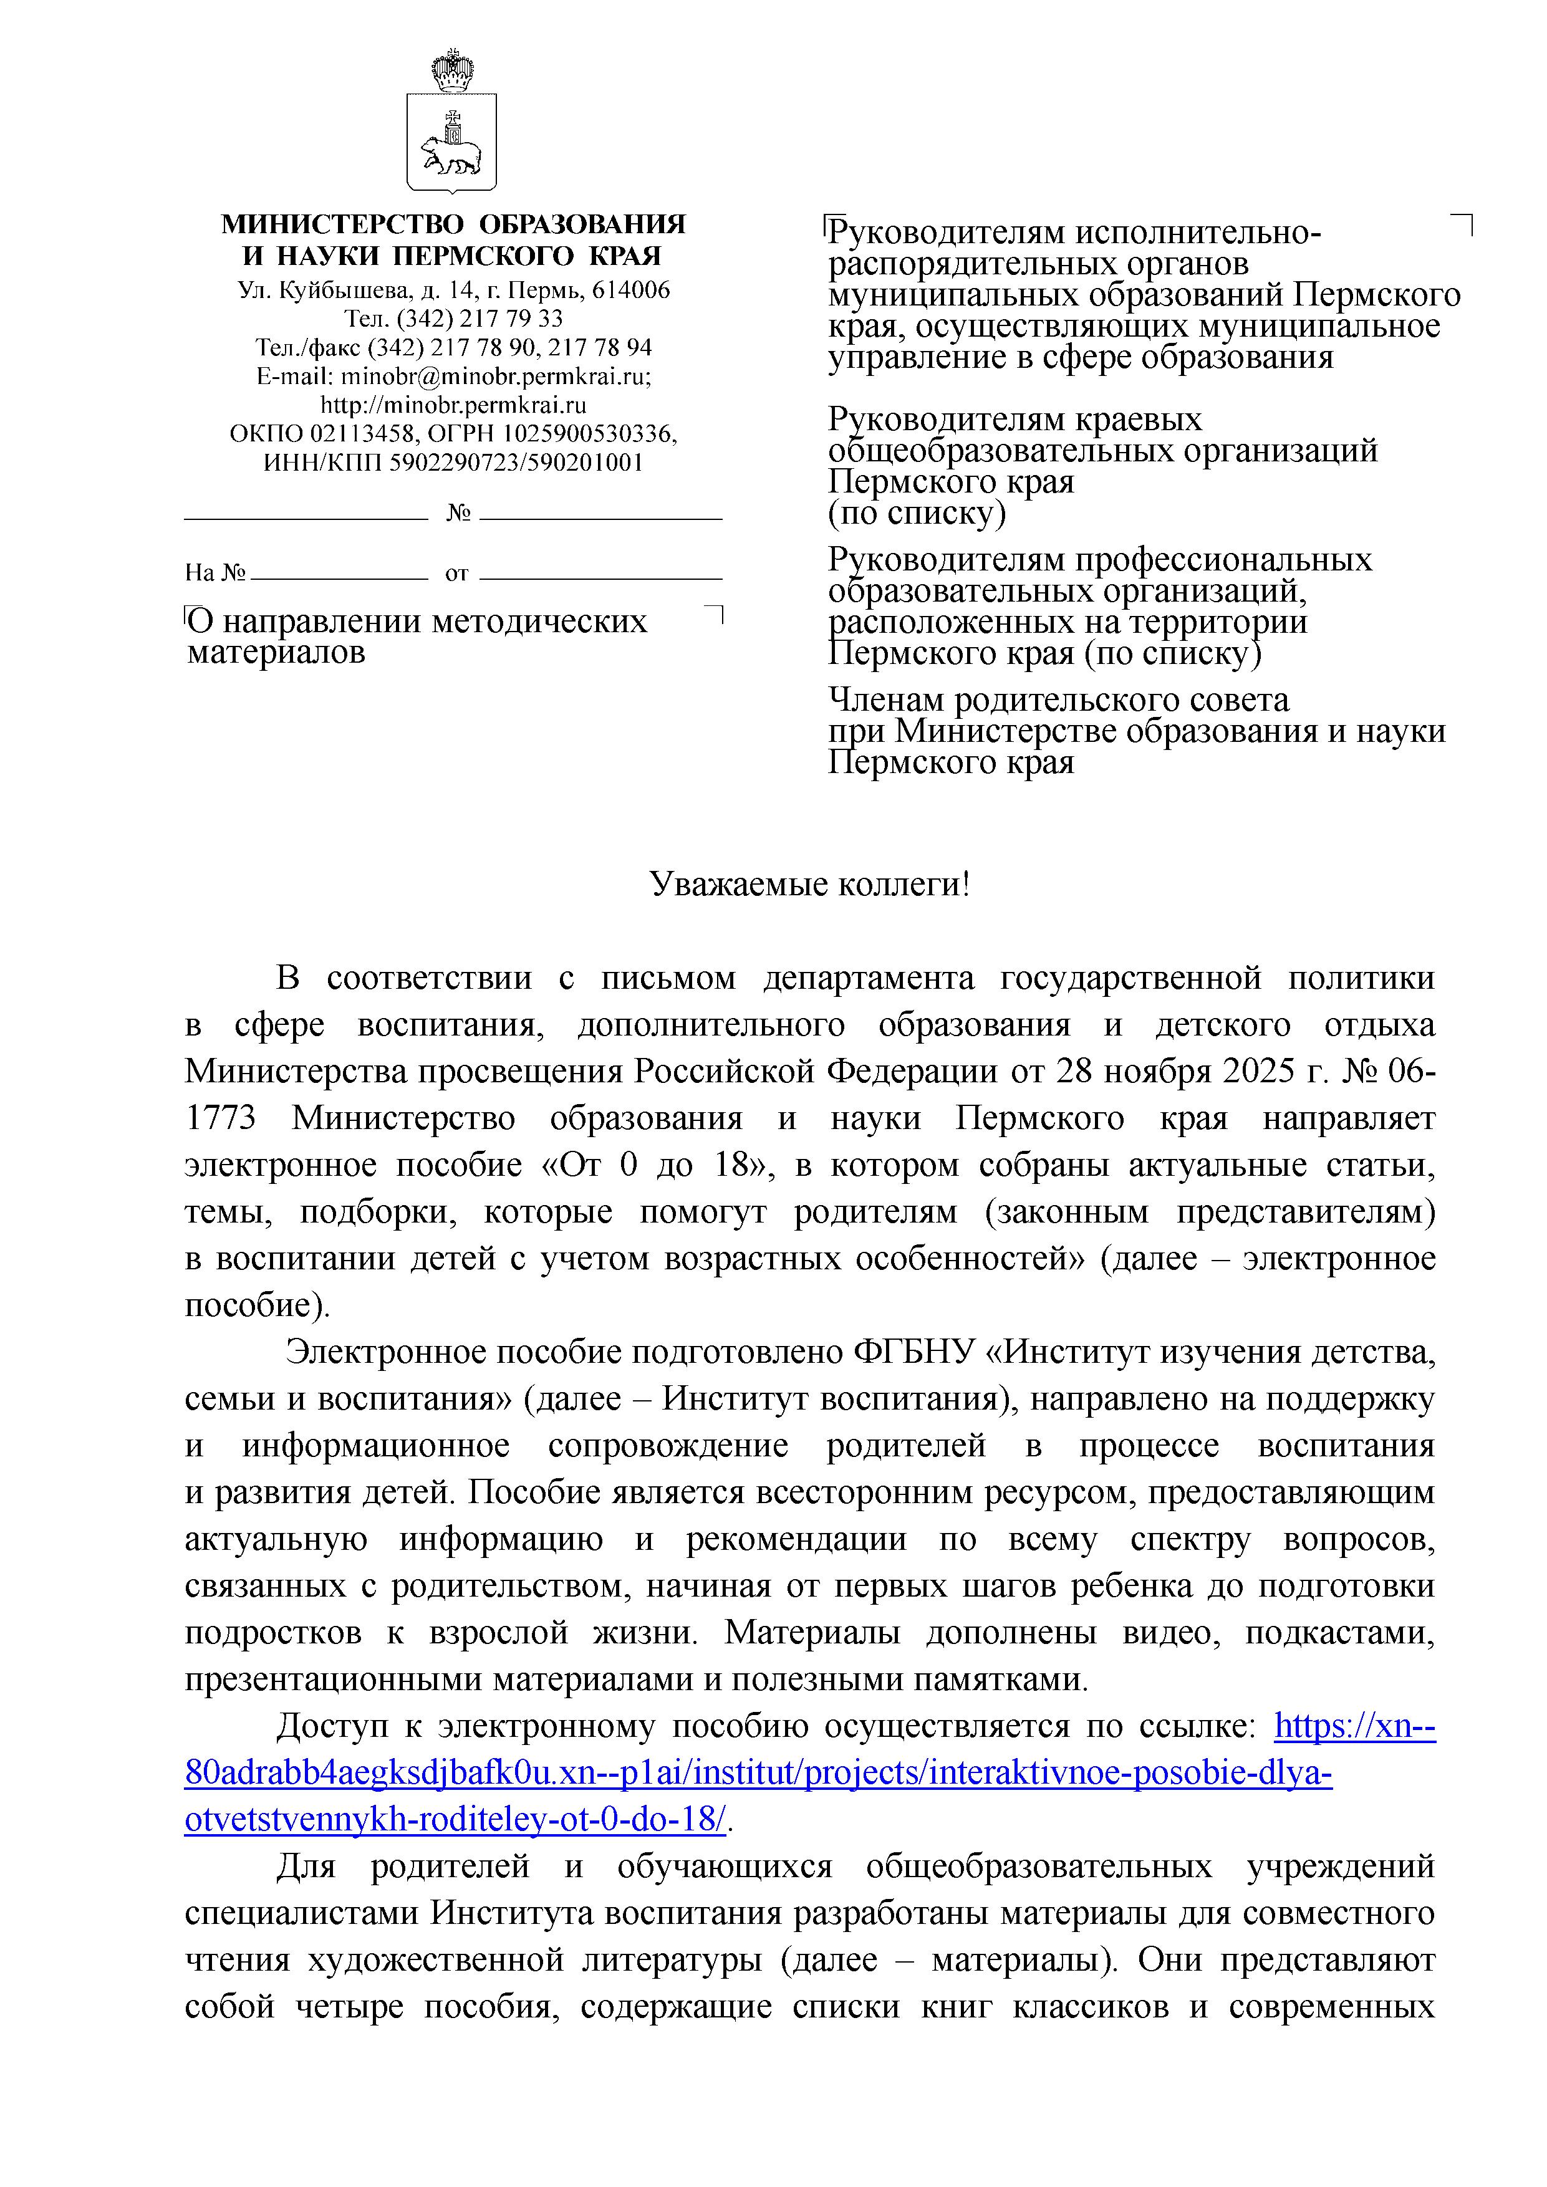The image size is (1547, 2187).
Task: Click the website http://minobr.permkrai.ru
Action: [453, 405]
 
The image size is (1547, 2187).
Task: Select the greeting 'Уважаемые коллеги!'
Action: [810, 885]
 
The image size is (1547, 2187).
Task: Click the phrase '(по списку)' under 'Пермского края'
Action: [917, 514]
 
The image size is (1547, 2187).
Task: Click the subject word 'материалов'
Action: [276, 653]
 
